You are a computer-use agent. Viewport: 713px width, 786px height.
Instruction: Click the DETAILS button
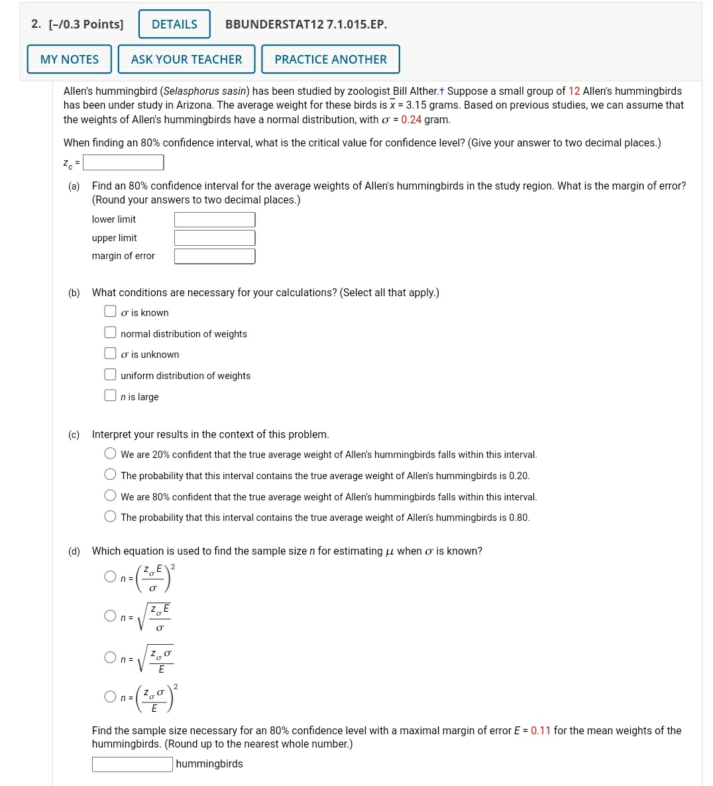coord(174,25)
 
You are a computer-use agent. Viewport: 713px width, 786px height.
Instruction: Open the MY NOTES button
coord(70,59)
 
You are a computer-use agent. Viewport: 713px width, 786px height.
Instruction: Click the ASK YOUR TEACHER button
coord(186,59)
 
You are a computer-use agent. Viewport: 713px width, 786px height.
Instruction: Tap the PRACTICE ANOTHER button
coord(330,59)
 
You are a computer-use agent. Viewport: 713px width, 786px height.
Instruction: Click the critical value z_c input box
coord(123,162)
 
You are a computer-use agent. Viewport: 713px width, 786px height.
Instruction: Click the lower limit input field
coord(215,219)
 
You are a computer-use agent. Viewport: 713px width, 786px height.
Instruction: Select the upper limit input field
coord(215,238)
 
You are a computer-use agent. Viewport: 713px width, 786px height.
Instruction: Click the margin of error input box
coord(215,256)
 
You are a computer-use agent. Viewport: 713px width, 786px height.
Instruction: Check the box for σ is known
coord(110,311)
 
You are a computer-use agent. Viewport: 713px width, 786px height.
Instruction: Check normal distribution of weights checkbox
coord(110,333)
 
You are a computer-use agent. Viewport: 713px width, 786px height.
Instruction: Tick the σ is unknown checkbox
coord(110,354)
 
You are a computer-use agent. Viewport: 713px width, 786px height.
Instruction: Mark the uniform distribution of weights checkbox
coord(110,374)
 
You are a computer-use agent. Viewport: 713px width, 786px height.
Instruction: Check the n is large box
coord(110,396)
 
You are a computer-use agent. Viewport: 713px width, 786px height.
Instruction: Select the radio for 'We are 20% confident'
coord(110,454)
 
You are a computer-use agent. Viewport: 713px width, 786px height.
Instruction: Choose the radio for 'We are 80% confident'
coord(110,496)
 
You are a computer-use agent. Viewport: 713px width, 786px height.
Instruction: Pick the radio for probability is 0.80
coord(110,516)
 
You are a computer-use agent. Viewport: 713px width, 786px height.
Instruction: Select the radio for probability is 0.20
coord(110,475)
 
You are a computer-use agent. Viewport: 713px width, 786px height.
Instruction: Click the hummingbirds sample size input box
coord(133,764)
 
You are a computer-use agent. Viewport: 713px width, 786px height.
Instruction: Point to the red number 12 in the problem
coord(574,91)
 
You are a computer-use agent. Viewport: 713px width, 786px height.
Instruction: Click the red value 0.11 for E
coord(541,730)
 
